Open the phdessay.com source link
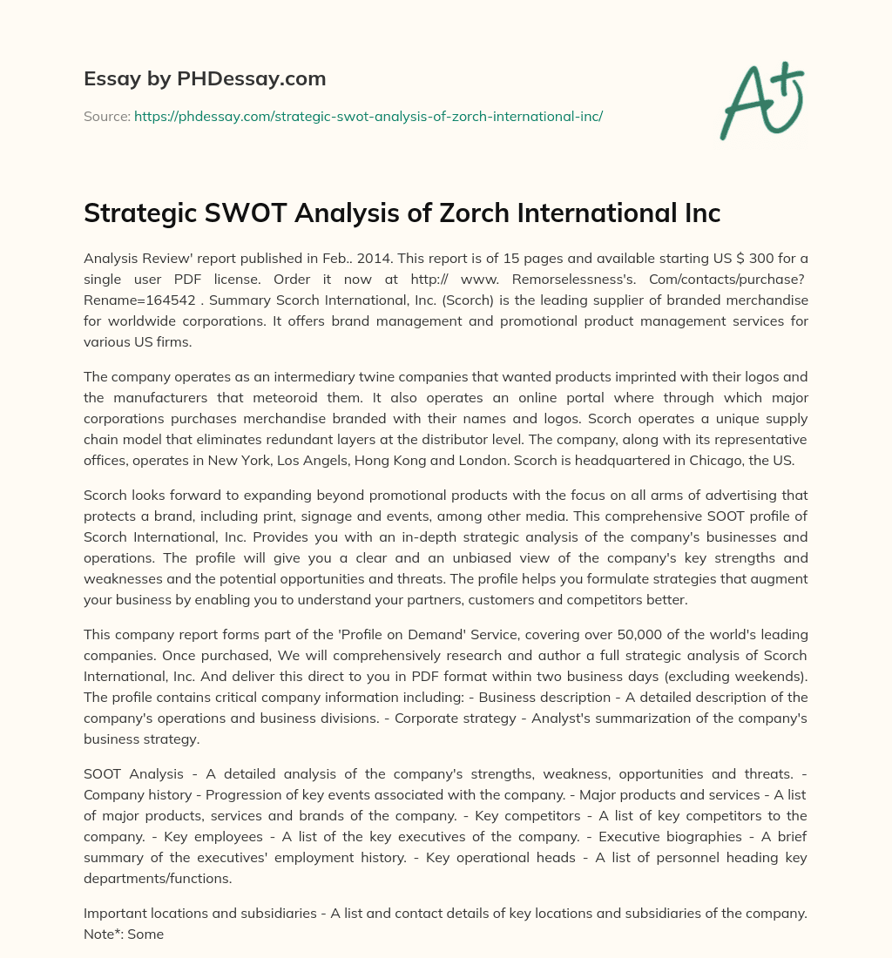pyautogui.click(x=368, y=116)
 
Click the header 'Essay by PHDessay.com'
pyautogui.click(x=205, y=79)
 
